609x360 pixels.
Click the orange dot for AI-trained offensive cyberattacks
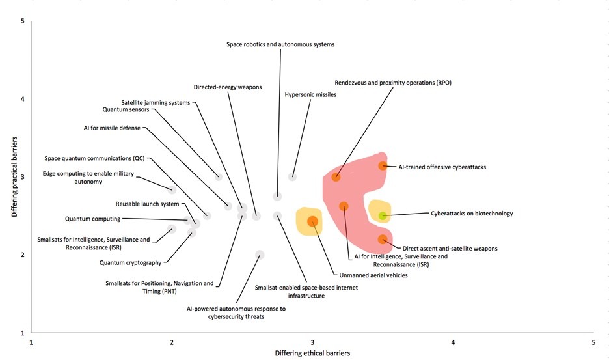click(383, 166)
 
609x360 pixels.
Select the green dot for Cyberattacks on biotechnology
click(383, 215)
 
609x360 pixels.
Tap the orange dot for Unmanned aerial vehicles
click(312, 221)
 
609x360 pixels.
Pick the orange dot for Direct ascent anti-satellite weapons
click(383, 240)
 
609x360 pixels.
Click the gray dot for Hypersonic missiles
click(293, 177)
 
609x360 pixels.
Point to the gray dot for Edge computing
click(172, 190)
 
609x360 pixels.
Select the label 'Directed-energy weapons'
click(228, 87)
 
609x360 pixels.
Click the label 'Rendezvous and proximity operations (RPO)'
click(393, 83)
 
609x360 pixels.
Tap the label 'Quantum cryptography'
click(130, 263)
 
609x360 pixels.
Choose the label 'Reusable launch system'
click(147, 204)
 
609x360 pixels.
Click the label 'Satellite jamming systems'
click(156, 102)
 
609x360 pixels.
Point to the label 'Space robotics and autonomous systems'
click(280, 44)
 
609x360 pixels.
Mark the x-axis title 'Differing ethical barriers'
click(312, 353)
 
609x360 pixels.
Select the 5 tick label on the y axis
click(23, 21)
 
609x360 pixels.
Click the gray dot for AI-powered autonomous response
click(260, 255)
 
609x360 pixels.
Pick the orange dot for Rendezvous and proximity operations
click(336, 177)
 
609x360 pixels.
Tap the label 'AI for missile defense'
click(113, 128)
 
